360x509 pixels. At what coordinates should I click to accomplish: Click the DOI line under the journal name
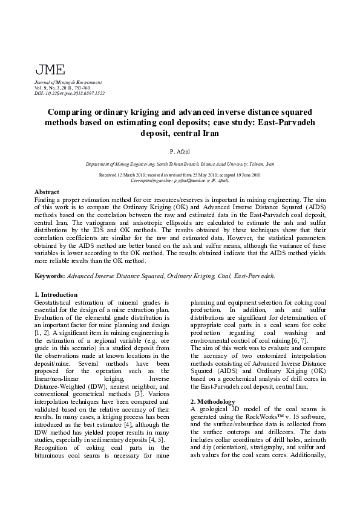(70, 94)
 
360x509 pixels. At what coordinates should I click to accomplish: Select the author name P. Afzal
(180, 150)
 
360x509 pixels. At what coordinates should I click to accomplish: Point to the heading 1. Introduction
(56, 294)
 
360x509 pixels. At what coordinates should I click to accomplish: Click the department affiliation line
(180, 164)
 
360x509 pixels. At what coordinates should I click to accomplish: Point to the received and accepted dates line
(180, 175)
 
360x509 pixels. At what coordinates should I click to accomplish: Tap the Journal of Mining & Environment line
(68, 82)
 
